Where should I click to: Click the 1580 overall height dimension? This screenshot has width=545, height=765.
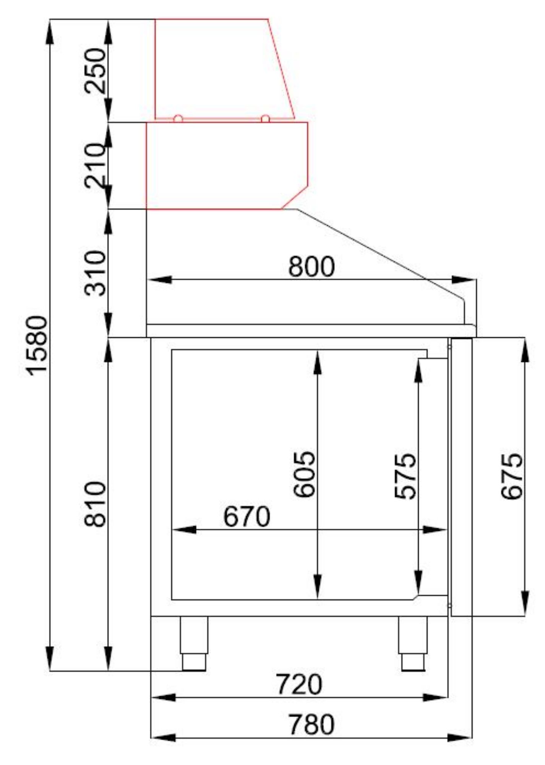(x=37, y=345)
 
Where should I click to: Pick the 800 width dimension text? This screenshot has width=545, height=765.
(x=311, y=267)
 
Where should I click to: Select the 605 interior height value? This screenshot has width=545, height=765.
(x=305, y=475)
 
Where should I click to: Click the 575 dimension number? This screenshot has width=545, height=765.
(x=405, y=476)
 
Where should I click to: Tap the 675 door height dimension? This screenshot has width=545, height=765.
(x=512, y=476)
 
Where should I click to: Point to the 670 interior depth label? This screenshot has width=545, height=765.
(x=247, y=517)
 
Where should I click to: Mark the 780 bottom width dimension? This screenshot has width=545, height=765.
(x=311, y=724)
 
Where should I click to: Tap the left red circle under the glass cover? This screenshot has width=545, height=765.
(x=178, y=119)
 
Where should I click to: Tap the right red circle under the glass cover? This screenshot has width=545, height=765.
(x=265, y=119)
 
